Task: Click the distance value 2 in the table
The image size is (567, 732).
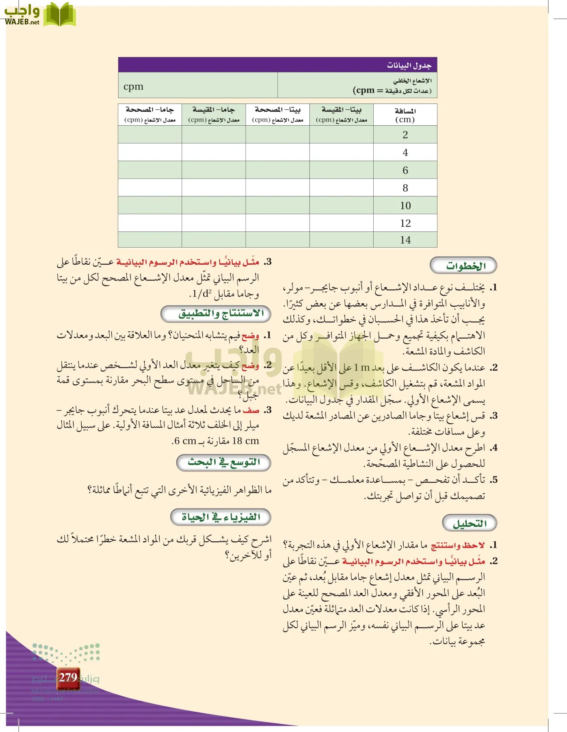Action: [405, 135]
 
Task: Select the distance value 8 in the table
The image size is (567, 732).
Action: [405, 188]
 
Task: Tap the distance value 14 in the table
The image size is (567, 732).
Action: [405, 240]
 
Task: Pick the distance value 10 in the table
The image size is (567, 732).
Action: [405, 206]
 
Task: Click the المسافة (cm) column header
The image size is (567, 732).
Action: [405, 115]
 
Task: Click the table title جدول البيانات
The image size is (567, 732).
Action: [409, 65]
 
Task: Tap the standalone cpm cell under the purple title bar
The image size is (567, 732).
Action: [134, 86]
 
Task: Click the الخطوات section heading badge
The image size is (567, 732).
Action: [463, 266]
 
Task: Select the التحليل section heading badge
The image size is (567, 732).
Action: [469, 523]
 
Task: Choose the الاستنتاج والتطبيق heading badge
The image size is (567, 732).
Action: [216, 314]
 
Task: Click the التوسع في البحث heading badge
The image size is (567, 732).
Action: [224, 462]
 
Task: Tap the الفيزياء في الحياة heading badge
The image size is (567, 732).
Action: [221, 517]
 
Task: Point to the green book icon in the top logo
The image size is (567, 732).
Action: [59, 15]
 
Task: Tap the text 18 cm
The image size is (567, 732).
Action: [245, 441]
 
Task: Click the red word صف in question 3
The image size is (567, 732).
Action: [251, 410]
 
